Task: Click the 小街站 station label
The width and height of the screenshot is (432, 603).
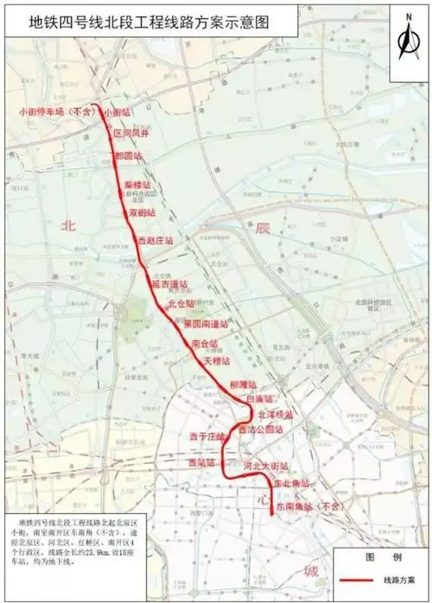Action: (x=115, y=112)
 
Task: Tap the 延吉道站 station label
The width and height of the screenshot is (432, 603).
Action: (x=170, y=283)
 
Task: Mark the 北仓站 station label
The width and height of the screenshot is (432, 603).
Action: (x=181, y=304)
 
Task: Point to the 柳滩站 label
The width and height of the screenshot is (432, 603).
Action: (x=245, y=384)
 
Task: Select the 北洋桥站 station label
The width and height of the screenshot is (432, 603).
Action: (x=274, y=415)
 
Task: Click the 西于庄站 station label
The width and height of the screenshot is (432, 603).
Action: (x=206, y=438)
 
